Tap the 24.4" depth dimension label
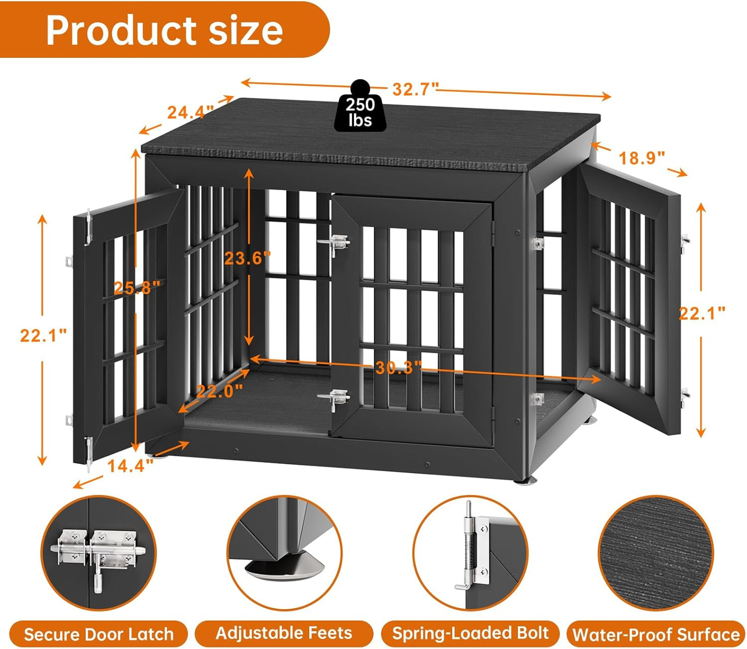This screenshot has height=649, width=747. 190,112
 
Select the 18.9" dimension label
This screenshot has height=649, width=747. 642,158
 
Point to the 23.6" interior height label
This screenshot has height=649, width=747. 247,258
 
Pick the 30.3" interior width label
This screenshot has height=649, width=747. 399,368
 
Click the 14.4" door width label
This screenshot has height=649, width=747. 130,465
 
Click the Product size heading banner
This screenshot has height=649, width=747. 164,30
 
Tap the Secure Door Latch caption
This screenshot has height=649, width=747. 98,634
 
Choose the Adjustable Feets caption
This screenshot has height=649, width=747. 284,633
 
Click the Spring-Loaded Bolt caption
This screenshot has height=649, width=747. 470,633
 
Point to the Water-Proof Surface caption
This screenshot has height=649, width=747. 656,635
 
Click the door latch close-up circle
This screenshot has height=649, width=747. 98,552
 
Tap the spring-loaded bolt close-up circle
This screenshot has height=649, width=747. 470,552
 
